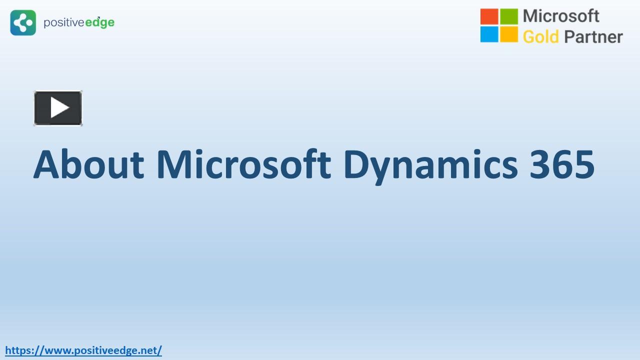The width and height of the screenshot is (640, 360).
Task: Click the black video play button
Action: pyautogui.click(x=58, y=108)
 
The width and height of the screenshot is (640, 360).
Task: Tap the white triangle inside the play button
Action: pyautogui.click(x=59, y=107)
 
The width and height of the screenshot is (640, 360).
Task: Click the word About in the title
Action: pyautogui.click(x=88, y=164)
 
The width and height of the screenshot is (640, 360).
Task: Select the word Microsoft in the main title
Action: pyautogui.click(x=243, y=164)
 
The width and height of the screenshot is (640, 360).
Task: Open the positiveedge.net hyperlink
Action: pyautogui.click(x=83, y=350)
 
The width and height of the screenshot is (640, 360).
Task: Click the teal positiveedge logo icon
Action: pyautogui.click(x=23, y=22)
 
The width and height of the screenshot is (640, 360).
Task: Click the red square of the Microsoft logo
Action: pyautogui.click(x=489, y=16)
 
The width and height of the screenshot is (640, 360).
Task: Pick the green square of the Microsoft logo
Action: pyautogui.click(x=509, y=16)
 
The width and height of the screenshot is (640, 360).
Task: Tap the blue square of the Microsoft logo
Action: pyautogui.click(x=489, y=34)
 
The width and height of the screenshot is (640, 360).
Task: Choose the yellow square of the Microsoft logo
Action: pyautogui.click(x=509, y=34)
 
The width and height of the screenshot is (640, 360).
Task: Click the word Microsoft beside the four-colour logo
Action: pyautogui.click(x=561, y=16)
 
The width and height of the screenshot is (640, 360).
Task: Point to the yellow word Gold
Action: pyautogui.click(x=540, y=36)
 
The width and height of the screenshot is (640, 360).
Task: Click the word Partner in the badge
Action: pyautogui.click(x=593, y=36)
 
